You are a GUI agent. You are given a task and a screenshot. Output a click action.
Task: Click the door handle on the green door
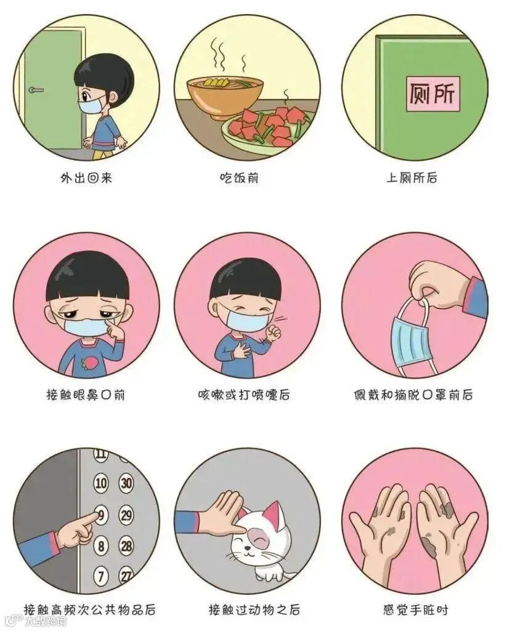point(36,90)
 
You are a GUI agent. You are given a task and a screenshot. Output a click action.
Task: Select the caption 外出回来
point(86,177)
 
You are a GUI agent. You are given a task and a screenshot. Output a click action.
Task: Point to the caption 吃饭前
point(239,177)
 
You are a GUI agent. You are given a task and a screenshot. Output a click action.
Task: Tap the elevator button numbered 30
point(126,483)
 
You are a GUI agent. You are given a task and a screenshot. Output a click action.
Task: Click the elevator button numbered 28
point(126,546)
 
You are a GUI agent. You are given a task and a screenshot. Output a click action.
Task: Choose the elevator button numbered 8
point(101,546)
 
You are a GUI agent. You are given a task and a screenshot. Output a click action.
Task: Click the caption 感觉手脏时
point(415,610)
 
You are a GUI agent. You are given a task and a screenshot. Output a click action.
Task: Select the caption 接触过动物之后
point(254,610)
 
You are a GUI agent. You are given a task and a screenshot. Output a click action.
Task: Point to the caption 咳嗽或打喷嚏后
point(244,395)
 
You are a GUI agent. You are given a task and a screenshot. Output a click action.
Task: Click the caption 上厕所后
point(412,177)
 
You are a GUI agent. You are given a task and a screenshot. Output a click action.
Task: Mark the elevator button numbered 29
point(126,515)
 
